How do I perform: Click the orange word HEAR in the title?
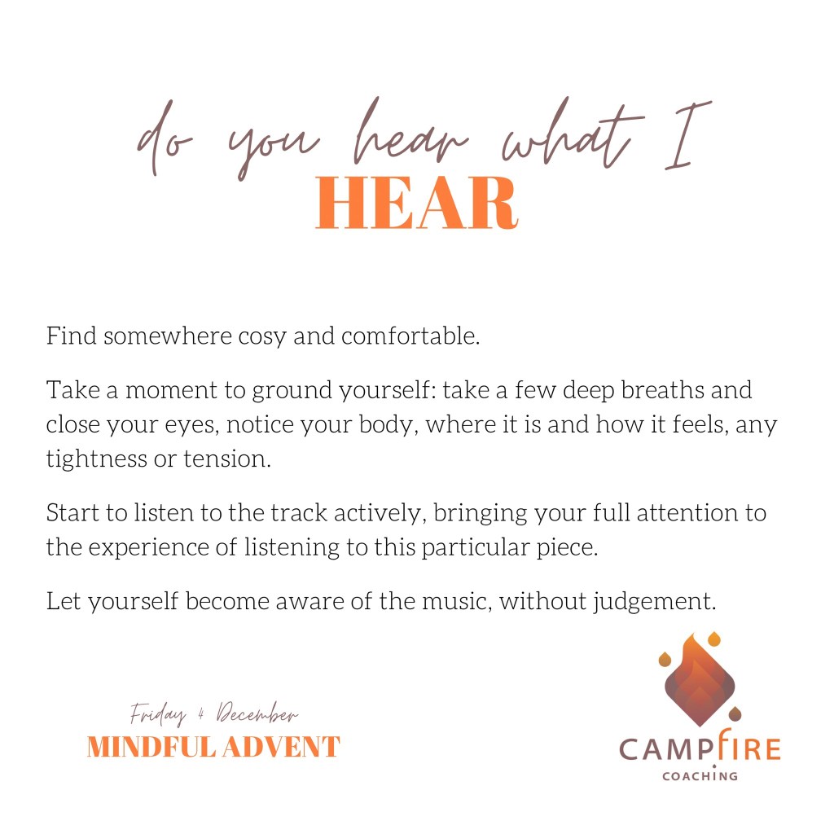tap(416, 203)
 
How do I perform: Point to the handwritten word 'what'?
tap(573, 133)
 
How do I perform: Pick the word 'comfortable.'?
tap(410, 336)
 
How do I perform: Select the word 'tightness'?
tap(97, 459)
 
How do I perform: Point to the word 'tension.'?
tap(227, 459)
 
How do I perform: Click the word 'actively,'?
tap(380, 513)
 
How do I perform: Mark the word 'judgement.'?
tap(655, 602)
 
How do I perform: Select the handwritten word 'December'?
tap(257, 713)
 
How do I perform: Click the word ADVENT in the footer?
tap(281, 747)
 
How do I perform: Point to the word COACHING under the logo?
tap(700, 776)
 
